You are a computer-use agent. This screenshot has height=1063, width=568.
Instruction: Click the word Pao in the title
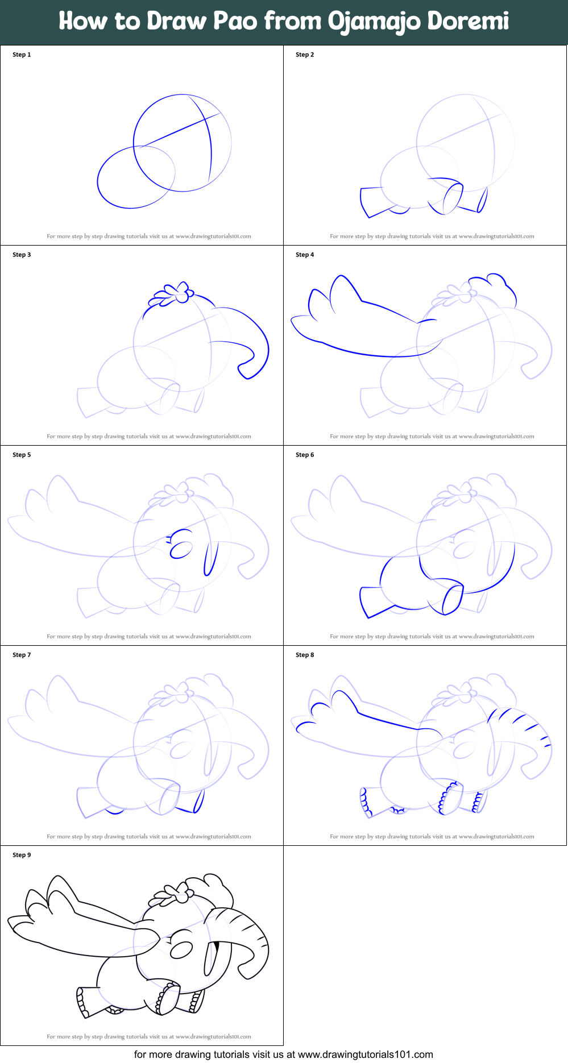point(235,22)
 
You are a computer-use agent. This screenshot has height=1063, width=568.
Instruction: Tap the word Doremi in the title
point(468,22)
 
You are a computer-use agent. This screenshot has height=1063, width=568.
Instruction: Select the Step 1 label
point(22,55)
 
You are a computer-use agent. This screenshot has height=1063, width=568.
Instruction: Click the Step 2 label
point(305,55)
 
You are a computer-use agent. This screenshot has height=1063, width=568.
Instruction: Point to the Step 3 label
point(22,255)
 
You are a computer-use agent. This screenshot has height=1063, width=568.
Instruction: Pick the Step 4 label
point(305,255)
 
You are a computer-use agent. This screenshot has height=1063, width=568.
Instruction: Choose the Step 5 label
point(22,455)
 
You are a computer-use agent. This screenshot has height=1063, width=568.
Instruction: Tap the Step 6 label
point(305,455)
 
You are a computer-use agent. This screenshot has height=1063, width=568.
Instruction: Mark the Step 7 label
point(22,655)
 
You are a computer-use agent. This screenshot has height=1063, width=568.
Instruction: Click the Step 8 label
point(305,655)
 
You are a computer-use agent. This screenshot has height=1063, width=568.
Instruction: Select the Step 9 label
point(22,855)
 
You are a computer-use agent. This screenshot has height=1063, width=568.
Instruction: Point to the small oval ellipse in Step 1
point(136,177)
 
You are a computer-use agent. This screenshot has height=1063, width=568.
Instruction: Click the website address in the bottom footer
point(365,1054)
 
